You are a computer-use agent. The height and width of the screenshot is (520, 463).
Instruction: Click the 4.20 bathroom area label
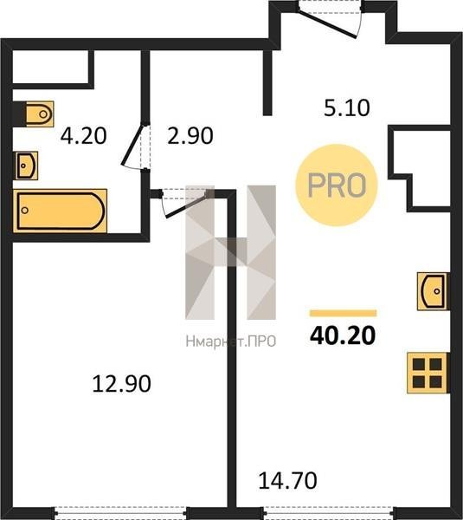click(83, 136)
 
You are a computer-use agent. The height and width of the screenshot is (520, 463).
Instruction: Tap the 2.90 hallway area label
click(190, 136)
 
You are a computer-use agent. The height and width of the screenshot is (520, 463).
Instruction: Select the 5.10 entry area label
click(347, 107)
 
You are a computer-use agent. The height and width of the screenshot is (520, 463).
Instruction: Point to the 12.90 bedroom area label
click(121, 384)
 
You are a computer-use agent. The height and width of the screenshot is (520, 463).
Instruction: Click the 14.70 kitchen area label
click(287, 481)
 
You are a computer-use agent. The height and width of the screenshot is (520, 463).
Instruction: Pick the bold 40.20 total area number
click(343, 335)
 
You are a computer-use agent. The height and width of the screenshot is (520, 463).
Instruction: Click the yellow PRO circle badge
click(337, 185)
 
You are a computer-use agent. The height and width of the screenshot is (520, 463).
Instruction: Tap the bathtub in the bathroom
click(60, 211)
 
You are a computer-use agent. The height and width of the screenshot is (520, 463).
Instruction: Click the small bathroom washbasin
click(26, 166)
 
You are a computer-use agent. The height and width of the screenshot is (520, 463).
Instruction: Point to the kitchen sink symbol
click(432, 291)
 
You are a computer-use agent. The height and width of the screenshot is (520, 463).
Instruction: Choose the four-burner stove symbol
click(428, 373)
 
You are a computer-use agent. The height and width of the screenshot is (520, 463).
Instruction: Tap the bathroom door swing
click(135, 145)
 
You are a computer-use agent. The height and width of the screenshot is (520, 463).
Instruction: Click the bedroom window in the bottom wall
click(120, 512)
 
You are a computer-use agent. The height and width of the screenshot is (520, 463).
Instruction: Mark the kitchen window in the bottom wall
click(329, 512)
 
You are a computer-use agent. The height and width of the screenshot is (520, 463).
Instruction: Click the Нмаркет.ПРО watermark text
click(231, 341)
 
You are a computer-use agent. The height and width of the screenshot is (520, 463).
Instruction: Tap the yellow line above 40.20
click(343, 314)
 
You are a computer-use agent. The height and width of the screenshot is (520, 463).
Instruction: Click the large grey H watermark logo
click(230, 252)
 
